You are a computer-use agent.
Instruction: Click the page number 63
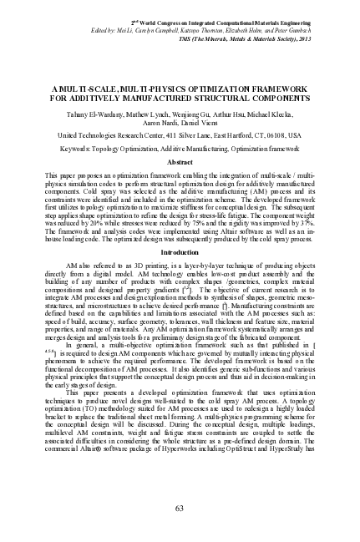[180, 509]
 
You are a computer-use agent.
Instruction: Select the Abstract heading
[180, 137]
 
